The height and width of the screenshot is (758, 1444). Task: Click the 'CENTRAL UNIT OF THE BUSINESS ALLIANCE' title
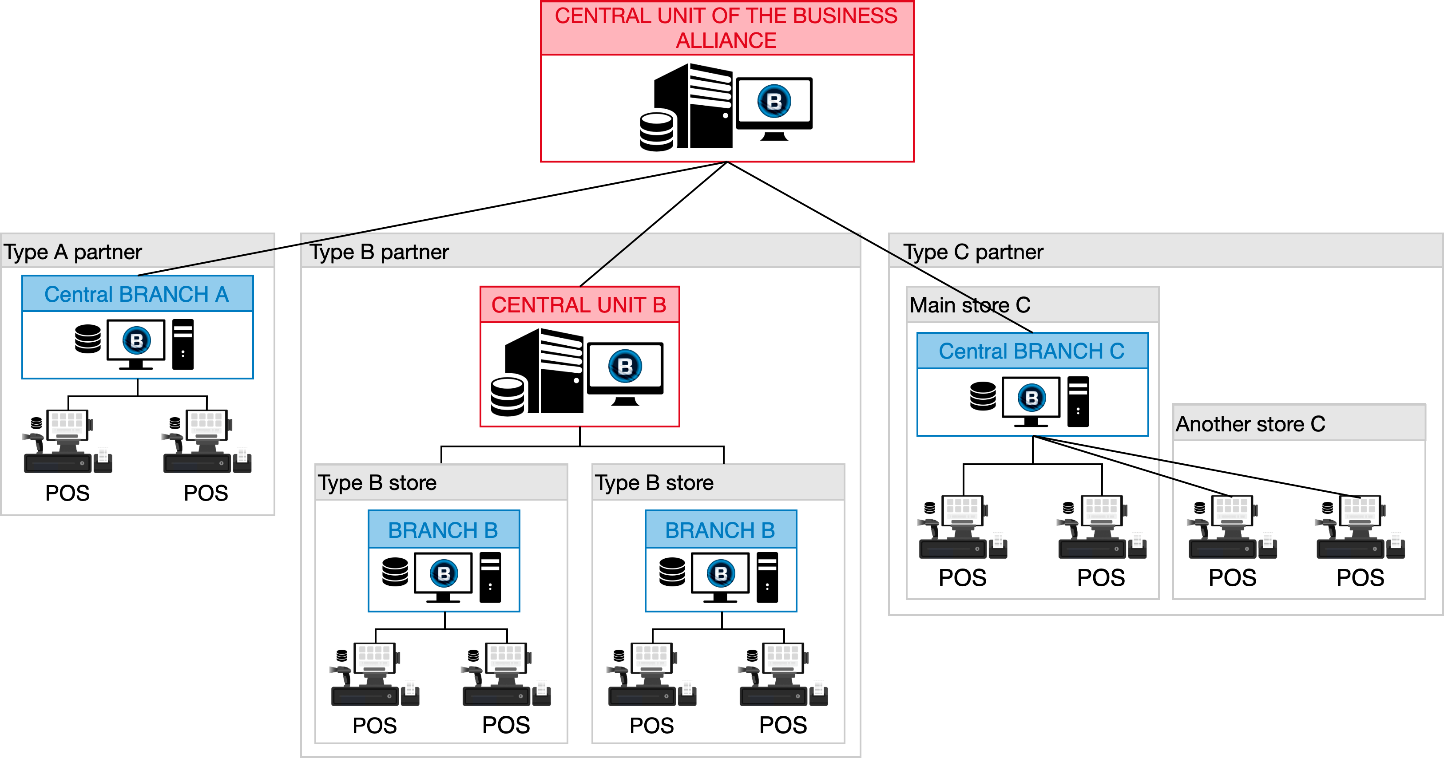(726, 28)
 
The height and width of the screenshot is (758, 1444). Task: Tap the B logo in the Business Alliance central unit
(774, 101)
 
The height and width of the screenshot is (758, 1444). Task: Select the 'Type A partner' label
(73, 252)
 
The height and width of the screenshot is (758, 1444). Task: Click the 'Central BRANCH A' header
(137, 294)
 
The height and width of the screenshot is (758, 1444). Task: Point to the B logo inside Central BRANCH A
(137, 341)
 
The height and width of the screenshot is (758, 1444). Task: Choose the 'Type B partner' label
(380, 252)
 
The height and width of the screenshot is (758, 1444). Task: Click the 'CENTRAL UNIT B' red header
(579, 305)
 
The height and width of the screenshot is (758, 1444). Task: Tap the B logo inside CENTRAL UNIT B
(625, 367)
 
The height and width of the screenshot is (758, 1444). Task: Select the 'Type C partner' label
(973, 252)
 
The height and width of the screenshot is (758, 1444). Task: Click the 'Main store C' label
(970, 305)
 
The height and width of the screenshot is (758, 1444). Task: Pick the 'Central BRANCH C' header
(1031, 351)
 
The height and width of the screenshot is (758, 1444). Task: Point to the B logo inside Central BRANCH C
(1031, 398)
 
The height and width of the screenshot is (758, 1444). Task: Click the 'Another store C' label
(1250, 424)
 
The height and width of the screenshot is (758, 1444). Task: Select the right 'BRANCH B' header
(720, 530)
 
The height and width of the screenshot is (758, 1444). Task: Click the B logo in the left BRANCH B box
(444, 574)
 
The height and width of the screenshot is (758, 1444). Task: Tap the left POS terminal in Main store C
(963, 528)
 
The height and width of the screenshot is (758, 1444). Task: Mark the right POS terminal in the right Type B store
(784, 675)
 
